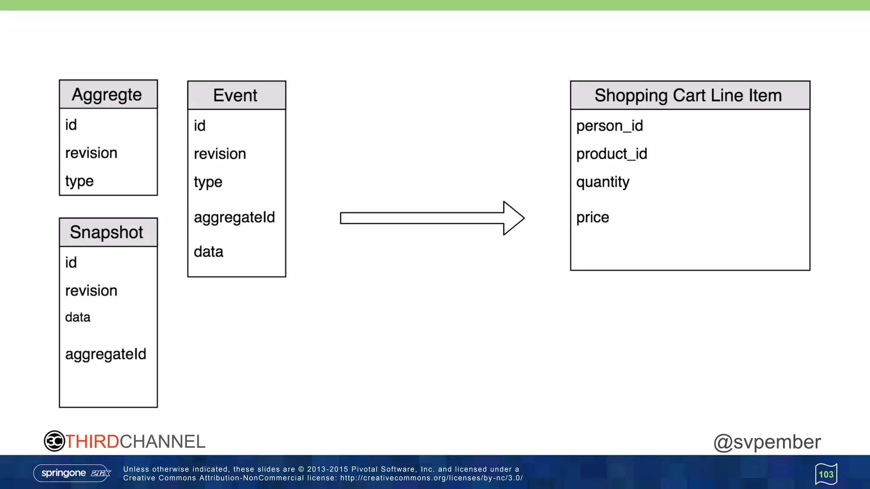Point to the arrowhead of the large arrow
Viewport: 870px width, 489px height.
point(514,218)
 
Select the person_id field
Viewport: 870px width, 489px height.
point(610,126)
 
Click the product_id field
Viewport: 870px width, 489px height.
point(612,154)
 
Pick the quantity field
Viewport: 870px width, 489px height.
point(603,182)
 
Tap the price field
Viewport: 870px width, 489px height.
point(593,217)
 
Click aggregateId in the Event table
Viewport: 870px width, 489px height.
point(234,217)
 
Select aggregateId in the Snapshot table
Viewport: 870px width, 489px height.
point(105,354)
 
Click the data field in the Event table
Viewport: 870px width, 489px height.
point(208,252)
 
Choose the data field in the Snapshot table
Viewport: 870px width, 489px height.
point(78,318)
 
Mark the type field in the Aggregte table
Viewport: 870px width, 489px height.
point(79,181)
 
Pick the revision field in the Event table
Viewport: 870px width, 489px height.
point(220,154)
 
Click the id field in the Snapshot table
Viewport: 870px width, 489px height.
point(71,263)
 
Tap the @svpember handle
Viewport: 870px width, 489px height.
point(767,442)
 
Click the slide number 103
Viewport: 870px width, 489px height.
point(826,474)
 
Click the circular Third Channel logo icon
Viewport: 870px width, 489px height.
point(54,441)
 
